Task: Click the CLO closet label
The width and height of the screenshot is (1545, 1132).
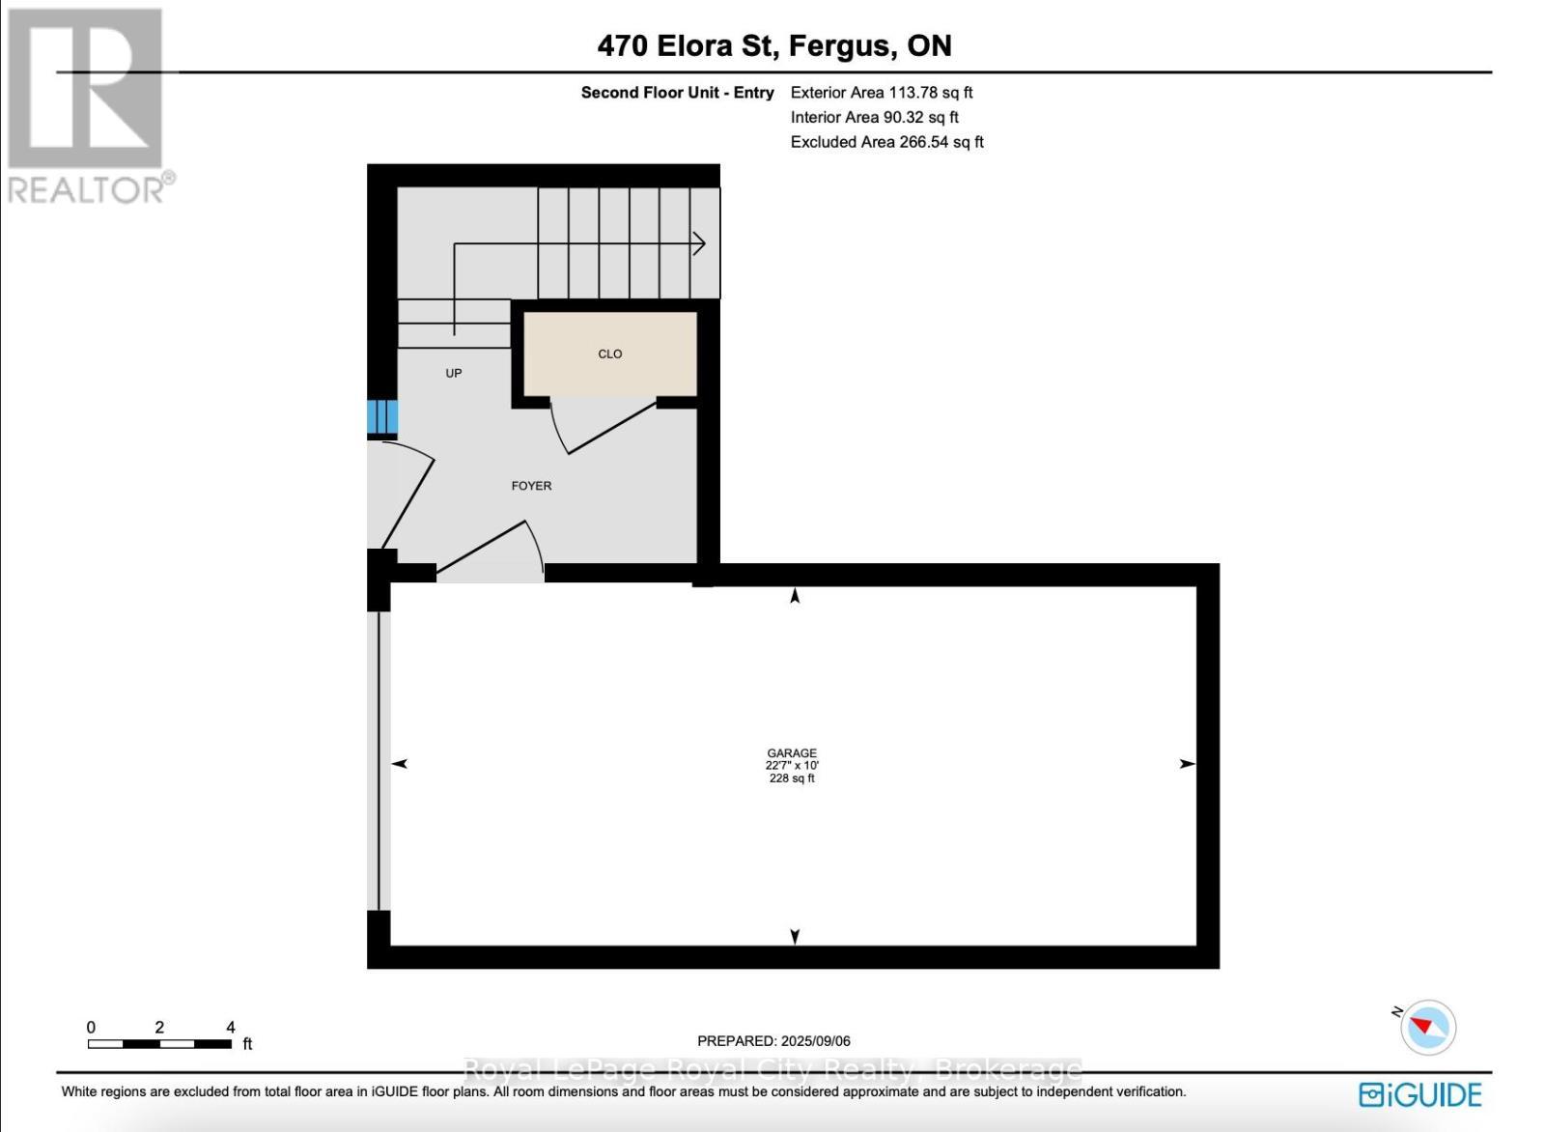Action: click(609, 354)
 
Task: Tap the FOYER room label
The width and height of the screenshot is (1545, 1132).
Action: click(531, 486)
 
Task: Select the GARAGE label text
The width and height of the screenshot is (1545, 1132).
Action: click(792, 753)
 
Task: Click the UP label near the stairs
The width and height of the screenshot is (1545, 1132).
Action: click(453, 373)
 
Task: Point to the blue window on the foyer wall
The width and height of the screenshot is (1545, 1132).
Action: click(381, 417)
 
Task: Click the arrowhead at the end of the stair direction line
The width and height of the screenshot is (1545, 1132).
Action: click(700, 244)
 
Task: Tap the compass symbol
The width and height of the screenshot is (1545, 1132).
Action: click(1427, 1027)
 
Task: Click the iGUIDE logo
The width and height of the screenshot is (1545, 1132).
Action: click(1419, 1094)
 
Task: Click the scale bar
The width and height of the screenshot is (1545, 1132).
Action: click(159, 1043)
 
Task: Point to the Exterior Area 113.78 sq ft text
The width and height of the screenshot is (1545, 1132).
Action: click(881, 93)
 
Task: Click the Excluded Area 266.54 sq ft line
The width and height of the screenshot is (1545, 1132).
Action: click(886, 142)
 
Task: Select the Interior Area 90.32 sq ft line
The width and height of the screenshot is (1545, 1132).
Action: click(874, 117)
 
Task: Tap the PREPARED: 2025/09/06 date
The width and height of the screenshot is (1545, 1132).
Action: click(773, 1040)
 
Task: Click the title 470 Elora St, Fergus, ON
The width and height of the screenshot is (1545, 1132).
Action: click(773, 45)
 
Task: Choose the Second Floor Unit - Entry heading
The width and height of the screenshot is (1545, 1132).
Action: click(677, 93)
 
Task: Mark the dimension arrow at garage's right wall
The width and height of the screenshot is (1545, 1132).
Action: click(1187, 764)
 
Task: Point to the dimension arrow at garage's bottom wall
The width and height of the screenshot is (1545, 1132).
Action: click(795, 936)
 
